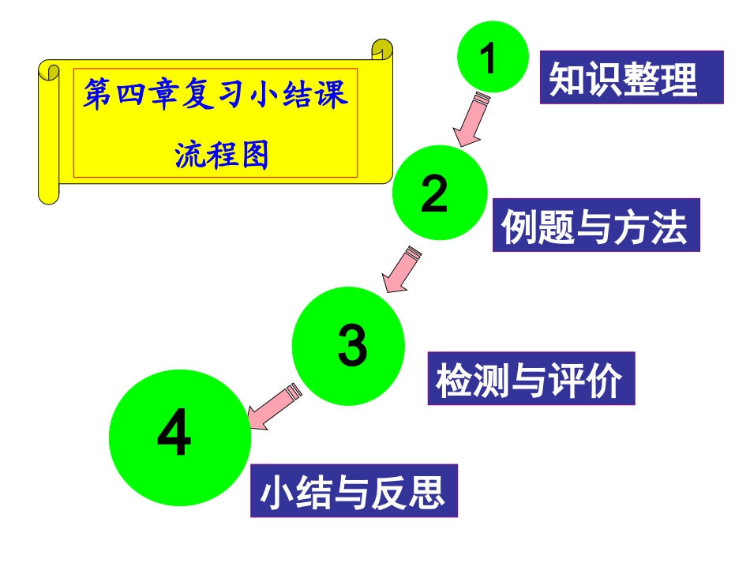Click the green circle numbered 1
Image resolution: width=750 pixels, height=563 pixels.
tap(492, 55)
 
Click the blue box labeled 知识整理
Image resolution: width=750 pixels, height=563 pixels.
tap(632, 77)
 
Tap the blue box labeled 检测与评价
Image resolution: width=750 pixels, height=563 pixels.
tap(531, 378)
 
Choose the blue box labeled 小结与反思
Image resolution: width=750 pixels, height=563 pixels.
tap(354, 490)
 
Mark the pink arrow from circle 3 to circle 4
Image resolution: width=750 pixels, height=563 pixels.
tap(273, 405)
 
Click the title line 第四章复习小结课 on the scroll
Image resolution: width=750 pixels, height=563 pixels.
tap(215, 96)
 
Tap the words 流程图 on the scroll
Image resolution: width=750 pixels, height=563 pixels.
tap(221, 155)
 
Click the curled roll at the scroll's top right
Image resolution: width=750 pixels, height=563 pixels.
tap(382, 48)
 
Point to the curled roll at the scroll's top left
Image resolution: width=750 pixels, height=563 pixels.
tap(49, 71)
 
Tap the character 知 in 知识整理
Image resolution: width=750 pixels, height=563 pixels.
tap(566, 79)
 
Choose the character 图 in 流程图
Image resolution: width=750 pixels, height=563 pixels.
tap(254, 155)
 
